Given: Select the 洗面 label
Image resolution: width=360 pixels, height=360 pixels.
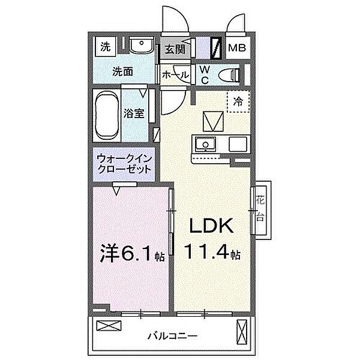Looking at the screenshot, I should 124,71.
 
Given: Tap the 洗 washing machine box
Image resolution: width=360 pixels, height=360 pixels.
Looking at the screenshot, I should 106,46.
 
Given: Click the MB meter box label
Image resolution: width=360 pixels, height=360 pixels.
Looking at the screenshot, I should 239,47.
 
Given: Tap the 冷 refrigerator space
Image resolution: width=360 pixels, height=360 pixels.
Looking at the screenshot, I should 238,101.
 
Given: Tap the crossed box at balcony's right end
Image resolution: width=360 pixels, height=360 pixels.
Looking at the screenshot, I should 242,331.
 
